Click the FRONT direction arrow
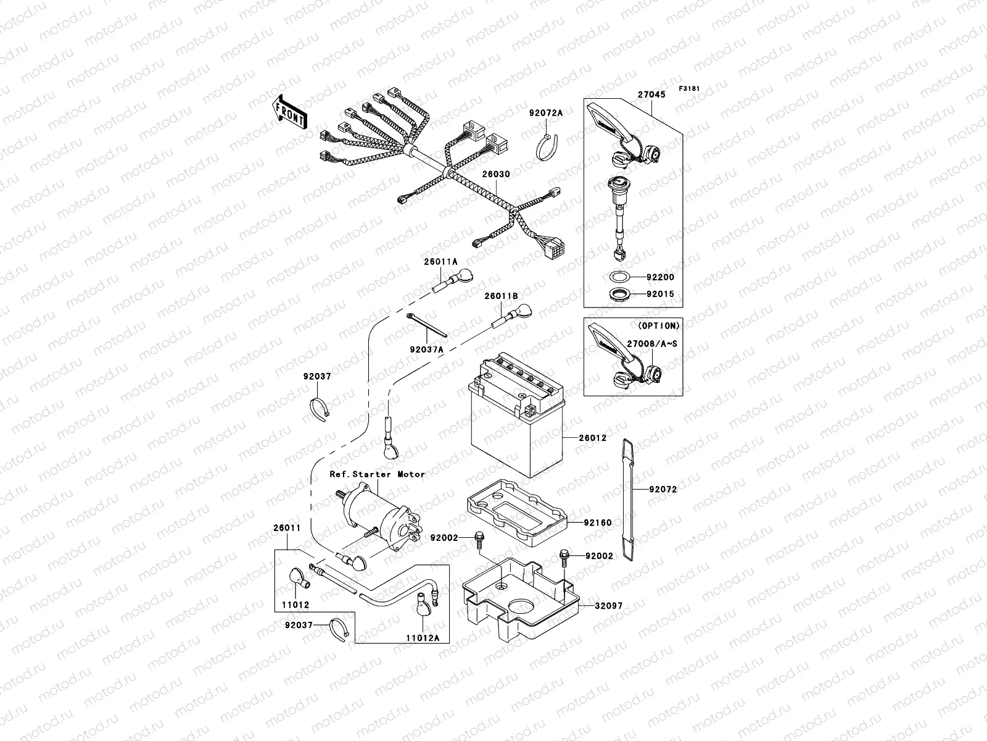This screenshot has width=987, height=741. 290,112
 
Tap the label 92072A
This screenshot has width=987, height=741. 545,113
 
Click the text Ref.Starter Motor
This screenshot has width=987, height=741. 376,474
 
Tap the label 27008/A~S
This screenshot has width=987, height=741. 651,343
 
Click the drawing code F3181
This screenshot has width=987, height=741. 689,89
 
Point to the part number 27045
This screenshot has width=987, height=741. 651,95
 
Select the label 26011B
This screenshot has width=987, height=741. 500,296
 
